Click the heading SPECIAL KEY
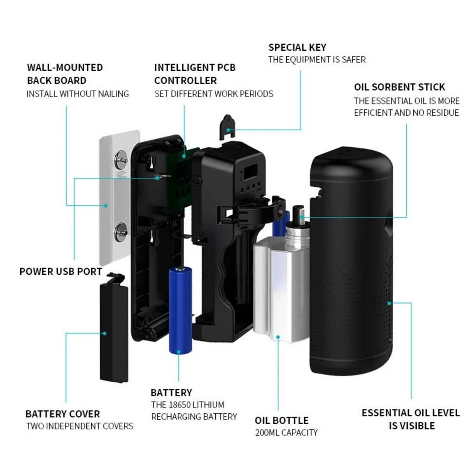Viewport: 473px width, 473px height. point(297,48)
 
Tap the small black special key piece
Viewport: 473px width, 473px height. point(228,125)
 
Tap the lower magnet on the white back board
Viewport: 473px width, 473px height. point(120,231)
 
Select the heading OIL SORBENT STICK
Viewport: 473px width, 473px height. point(399,87)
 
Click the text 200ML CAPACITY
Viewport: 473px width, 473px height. point(286,433)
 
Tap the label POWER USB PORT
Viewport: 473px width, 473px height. point(61,271)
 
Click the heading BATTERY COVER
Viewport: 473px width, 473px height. point(63,414)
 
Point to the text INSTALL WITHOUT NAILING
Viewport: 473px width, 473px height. point(78,94)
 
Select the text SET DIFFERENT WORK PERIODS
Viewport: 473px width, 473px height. point(214,94)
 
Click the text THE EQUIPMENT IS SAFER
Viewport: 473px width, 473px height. point(317,60)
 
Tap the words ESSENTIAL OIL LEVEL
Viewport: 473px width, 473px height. point(410,413)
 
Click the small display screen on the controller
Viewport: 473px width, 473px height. point(249,172)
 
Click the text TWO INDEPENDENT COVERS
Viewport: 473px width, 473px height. point(80,426)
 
